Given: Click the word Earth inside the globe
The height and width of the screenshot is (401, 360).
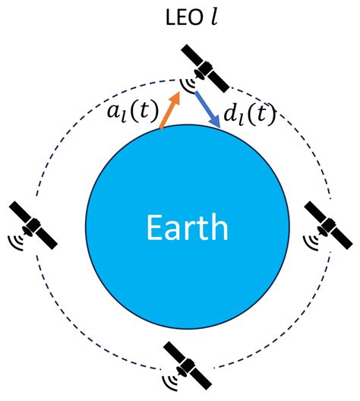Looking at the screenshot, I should point(186,226).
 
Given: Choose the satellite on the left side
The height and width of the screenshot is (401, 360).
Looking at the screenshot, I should point(35,224).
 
